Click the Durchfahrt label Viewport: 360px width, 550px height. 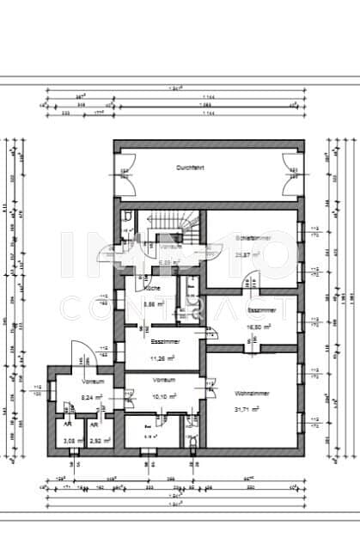pyautogui.click(x=188, y=167)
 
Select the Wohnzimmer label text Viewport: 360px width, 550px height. pyautogui.click(x=252, y=393)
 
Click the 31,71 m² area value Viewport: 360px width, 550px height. pyautogui.click(x=253, y=409)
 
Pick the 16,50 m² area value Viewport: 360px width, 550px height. pyautogui.click(x=259, y=327)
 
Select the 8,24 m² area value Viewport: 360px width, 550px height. pyautogui.click(x=93, y=396)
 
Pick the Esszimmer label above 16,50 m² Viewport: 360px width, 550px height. pyautogui.click(x=260, y=309)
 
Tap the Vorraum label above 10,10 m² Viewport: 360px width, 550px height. pyautogui.click(x=164, y=379)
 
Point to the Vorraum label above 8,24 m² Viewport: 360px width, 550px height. pyautogui.click(x=93, y=380)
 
